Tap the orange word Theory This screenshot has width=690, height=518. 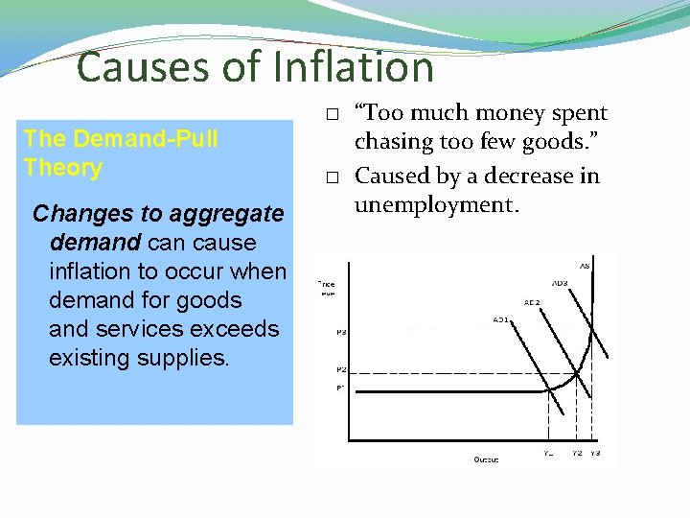[63, 168]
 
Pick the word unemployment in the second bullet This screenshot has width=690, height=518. [434, 204]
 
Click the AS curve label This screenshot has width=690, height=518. [584, 266]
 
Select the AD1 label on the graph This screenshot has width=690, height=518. [500, 318]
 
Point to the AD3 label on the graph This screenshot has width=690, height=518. [559, 283]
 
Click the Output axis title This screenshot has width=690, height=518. [486, 459]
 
